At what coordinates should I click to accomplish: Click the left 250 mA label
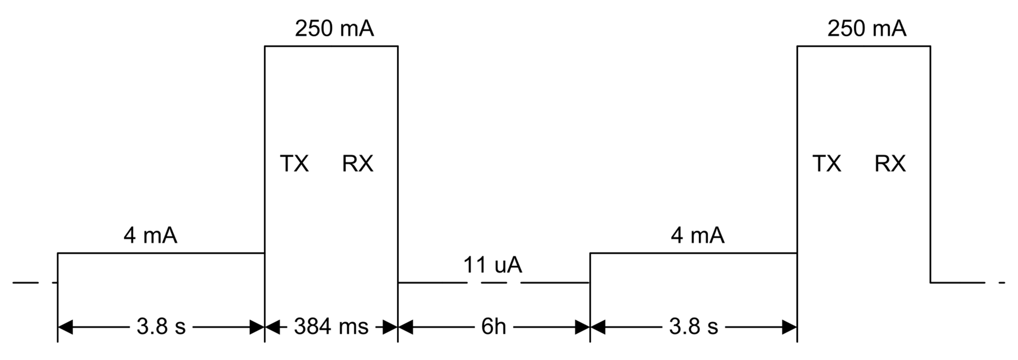point(334,29)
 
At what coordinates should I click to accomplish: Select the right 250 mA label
point(866,29)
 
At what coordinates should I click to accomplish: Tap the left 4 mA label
point(150,236)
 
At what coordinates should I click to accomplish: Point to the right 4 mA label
point(697,236)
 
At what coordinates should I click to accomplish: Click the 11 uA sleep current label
point(493,265)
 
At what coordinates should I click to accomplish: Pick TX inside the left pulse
point(295,164)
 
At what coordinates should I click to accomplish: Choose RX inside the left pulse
point(357,164)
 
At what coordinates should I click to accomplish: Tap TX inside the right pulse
point(827,164)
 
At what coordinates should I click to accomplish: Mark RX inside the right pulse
point(890,164)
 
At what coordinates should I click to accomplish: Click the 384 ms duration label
point(331,327)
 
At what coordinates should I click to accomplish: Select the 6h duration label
point(493,327)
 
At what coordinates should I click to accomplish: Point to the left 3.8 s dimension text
point(161,327)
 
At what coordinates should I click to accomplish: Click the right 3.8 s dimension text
point(694,327)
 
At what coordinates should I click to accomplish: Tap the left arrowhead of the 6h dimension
point(405,328)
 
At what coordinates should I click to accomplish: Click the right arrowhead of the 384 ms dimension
point(390,328)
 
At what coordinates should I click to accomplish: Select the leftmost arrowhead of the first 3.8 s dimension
point(65,328)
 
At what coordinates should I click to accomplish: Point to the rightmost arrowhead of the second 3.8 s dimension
point(789,328)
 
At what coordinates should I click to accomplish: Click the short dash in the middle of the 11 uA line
point(494,282)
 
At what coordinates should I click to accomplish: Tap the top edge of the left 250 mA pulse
point(331,46)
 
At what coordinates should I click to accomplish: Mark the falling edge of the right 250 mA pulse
point(930,165)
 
